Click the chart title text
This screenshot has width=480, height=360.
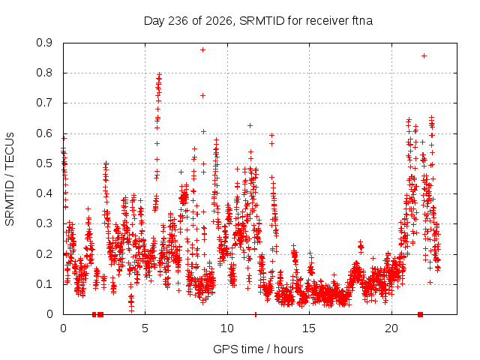tap(258, 21)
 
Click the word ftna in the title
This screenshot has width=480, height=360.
tap(362, 21)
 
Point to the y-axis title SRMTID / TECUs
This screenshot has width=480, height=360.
tap(10, 179)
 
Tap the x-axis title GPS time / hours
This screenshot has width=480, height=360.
tap(258, 349)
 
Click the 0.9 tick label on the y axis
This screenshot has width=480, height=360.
tap(44, 43)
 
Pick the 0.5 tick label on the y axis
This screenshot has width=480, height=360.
tap(44, 163)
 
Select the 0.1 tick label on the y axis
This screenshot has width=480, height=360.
tap(44, 284)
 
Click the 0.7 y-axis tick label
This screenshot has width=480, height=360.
tap(44, 103)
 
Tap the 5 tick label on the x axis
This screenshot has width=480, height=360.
tap(145, 328)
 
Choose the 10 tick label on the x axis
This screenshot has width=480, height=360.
tap(227, 328)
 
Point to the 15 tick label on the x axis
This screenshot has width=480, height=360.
tap(309, 328)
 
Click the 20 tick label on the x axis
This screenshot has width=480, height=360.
tap(391, 328)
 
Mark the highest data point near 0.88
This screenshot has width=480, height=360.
tap(202, 50)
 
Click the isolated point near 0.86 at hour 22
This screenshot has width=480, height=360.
tap(424, 55)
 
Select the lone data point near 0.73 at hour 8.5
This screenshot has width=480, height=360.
tap(202, 95)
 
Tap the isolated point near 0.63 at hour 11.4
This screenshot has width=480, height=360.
tap(250, 125)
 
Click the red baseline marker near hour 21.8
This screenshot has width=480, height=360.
tap(420, 314)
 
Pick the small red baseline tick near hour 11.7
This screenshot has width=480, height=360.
tap(255, 314)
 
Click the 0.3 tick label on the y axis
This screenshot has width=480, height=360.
tap(44, 223)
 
